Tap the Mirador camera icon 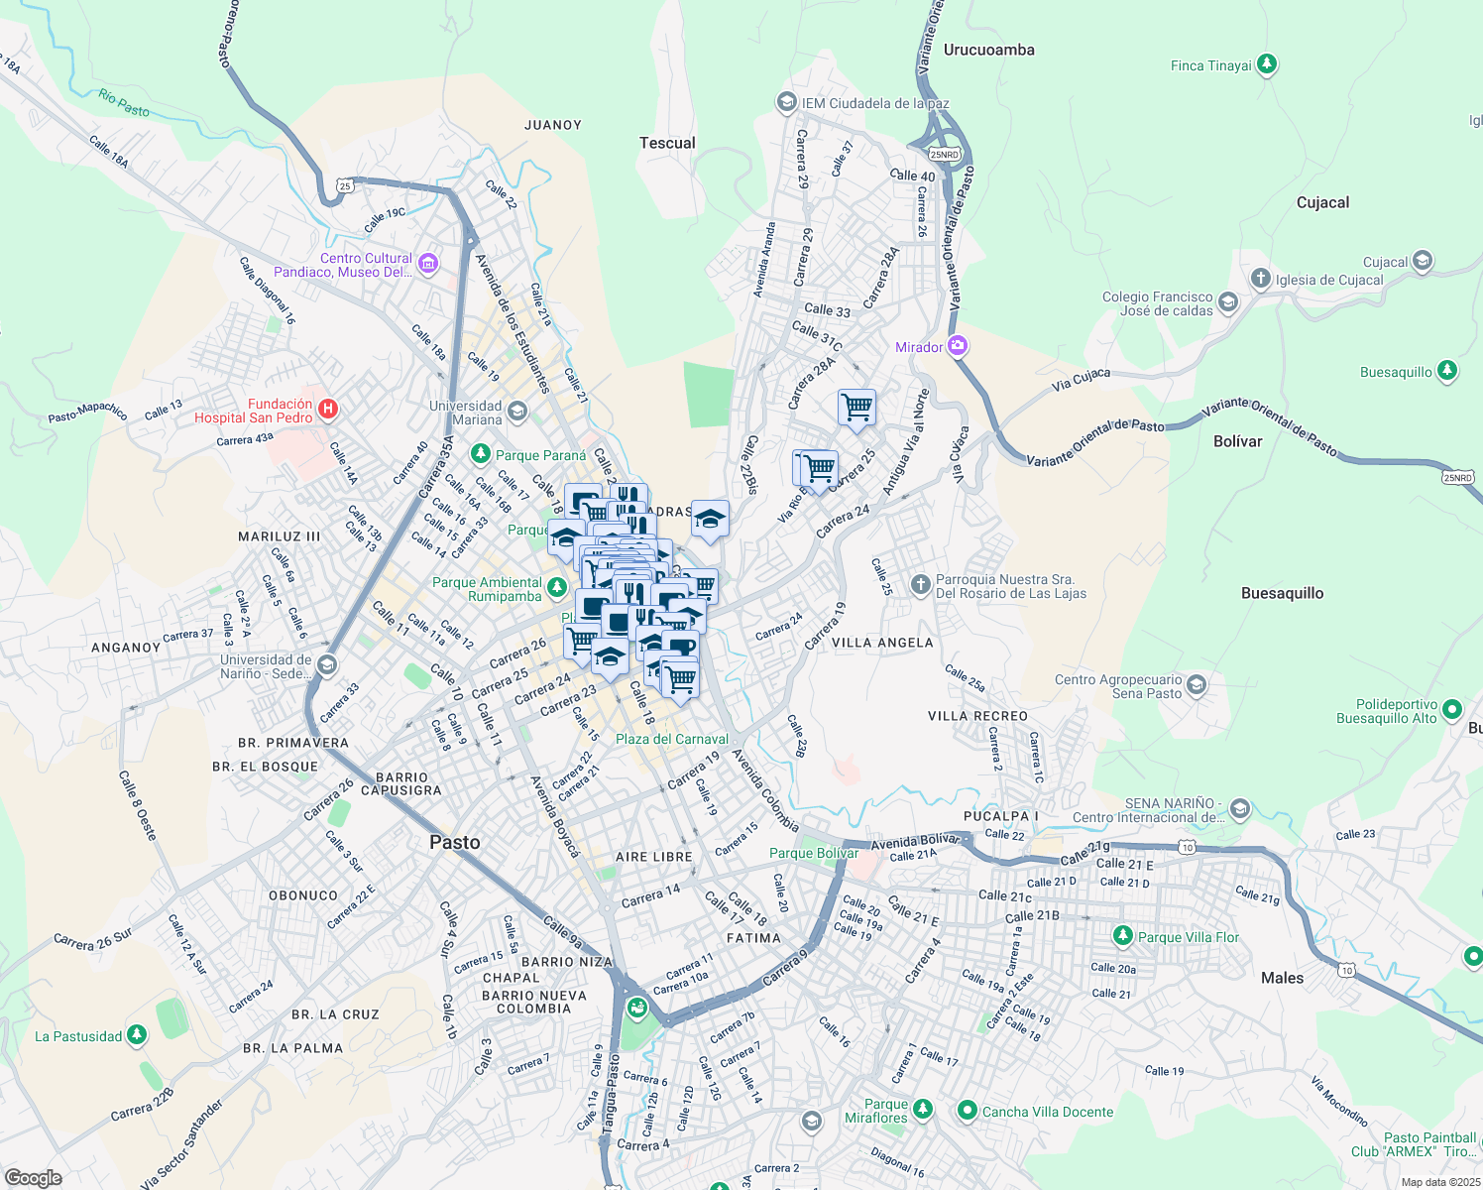click(x=957, y=346)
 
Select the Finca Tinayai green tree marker click(x=1266, y=65)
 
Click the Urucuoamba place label click(x=988, y=50)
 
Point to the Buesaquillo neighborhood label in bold click(x=1282, y=593)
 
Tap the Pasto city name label click(x=455, y=842)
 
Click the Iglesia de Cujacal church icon click(x=1260, y=279)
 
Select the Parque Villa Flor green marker click(x=1122, y=935)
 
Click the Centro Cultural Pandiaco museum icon click(x=427, y=263)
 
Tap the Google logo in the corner click(x=33, y=1178)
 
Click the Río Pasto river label click(x=124, y=102)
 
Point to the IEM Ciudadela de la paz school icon click(x=786, y=102)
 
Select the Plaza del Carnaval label click(x=671, y=739)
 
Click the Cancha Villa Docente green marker click(x=968, y=1111)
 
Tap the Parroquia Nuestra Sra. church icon click(x=920, y=583)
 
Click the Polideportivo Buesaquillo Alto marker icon click(x=1452, y=709)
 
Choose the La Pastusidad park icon click(x=137, y=1035)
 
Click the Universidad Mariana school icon click(x=517, y=411)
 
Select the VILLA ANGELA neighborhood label click(x=881, y=643)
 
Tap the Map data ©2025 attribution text click(x=1439, y=1182)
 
